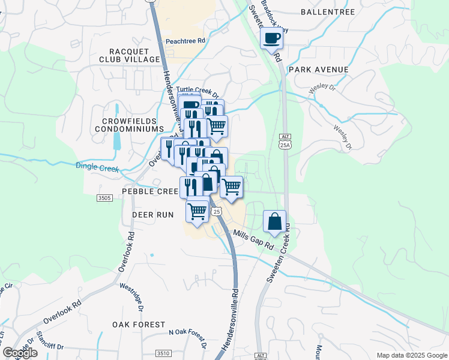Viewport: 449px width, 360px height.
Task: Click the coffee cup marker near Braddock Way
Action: [x=272, y=39]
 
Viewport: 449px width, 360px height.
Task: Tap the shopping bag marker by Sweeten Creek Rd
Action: [x=274, y=221]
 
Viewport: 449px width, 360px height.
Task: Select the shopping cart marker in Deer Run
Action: [x=197, y=211]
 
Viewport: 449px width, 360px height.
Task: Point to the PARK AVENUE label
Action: [x=318, y=70]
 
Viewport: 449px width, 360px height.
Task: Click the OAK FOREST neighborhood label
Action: [x=139, y=325]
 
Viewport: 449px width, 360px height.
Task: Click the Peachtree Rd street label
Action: [x=185, y=41]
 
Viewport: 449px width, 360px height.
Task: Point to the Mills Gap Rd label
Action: [x=253, y=240]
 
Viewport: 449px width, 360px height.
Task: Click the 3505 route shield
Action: [x=104, y=198]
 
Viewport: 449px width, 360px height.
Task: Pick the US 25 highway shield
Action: [x=217, y=212]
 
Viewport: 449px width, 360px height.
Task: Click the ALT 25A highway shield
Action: [x=285, y=141]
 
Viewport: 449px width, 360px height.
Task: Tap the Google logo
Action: [x=20, y=353]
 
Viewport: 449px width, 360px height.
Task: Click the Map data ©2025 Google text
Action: [x=411, y=355]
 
